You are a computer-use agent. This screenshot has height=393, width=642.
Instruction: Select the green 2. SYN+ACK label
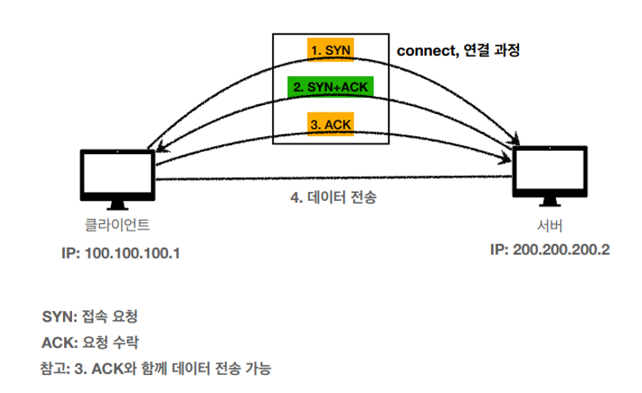[331, 86]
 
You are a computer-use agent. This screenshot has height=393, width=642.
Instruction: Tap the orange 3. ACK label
[330, 123]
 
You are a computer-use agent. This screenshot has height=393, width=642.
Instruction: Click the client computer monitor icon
[117, 174]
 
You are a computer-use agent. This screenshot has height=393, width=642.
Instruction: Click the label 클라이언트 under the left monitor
[117, 225]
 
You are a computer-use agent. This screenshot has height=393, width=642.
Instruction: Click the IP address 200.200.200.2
[564, 249]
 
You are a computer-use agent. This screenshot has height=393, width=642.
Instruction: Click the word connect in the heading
[424, 50]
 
